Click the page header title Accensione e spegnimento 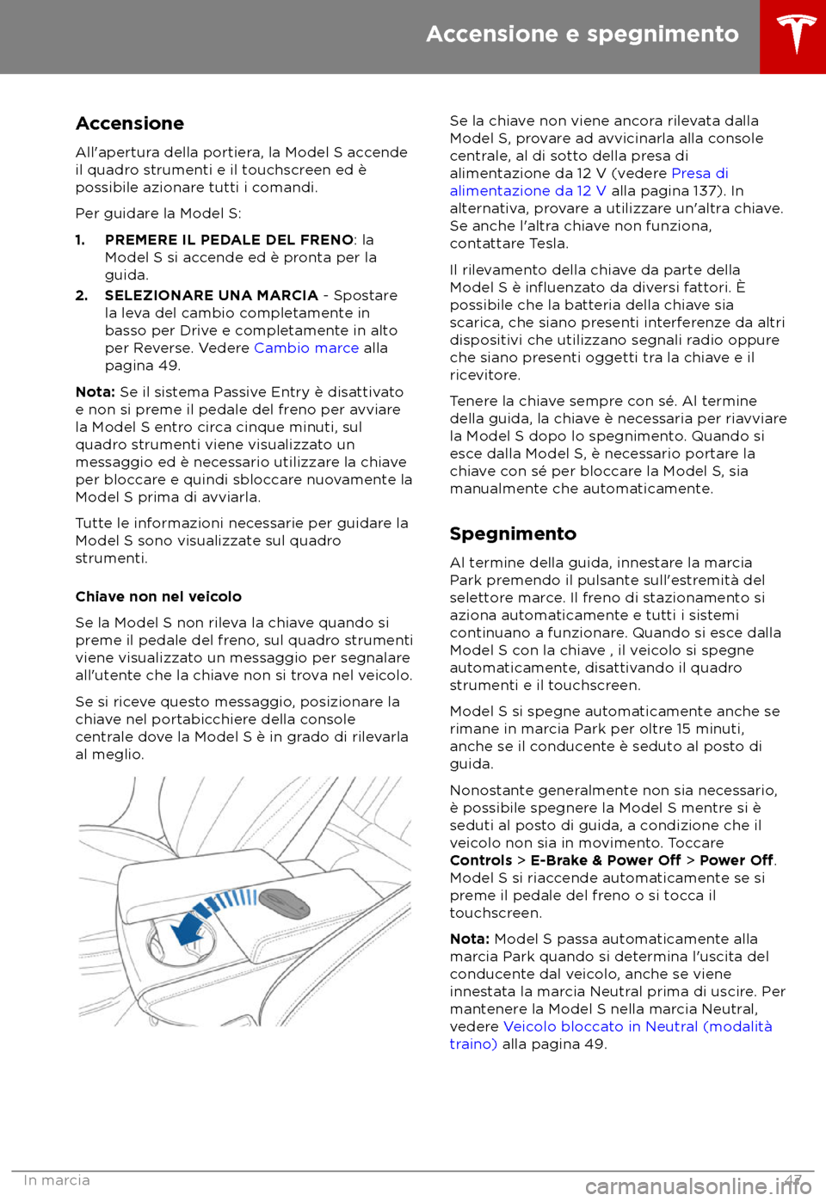[x=582, y=34]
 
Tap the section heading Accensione [x=130, y=124]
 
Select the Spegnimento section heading [x=513, y=534]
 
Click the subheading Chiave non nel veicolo [x=158, y=597]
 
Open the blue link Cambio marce [x=306, y=348]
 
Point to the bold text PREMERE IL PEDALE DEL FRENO [x=229, y=240]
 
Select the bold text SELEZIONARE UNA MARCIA [x=212, y=296]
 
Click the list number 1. [x=80, y=240]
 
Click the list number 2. [x=82, y=296]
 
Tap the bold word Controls [x=481, y=861]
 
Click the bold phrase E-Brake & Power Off [x=606, y=861]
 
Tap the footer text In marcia [x=57, y=1180]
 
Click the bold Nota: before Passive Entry [x=95, y=392]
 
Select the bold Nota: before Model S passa [x=469, y=939]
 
